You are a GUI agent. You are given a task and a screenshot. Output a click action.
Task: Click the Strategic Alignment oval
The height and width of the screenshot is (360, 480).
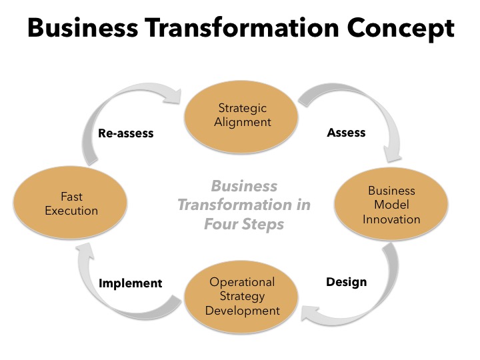tap(243, 115)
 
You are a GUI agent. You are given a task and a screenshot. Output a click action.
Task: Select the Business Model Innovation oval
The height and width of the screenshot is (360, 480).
tap(391, 205)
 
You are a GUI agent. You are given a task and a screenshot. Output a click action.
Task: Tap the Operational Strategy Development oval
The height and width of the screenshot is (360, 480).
tap(242, 296)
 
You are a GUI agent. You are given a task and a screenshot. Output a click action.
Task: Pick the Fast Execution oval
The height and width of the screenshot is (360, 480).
tap(71, 203)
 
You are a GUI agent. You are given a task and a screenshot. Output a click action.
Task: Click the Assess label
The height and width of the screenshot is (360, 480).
tap(346, 133)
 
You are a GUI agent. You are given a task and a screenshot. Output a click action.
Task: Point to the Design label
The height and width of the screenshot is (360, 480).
tap(346, 281)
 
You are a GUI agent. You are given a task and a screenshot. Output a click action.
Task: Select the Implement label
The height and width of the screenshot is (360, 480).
tap(131, 283)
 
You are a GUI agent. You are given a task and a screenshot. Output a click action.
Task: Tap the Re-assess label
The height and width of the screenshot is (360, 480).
tap(125, 133)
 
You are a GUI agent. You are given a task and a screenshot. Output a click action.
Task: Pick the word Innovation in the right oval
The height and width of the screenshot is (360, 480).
tap(391, 219)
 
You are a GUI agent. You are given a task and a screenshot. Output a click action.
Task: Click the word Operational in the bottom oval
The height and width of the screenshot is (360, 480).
tap(242, 282)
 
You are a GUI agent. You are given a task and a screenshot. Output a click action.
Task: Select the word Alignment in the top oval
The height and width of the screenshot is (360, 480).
tap(243, 122)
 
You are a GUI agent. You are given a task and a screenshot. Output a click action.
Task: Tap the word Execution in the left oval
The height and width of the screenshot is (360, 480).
tap(71, 211)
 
